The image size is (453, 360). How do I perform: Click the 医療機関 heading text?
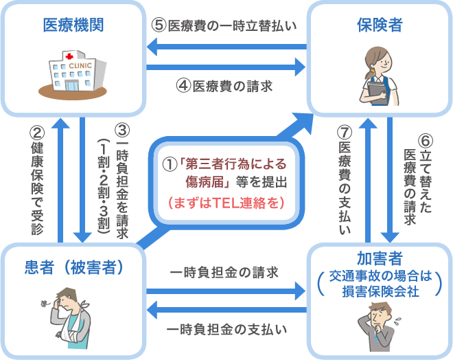(x=73, y=25)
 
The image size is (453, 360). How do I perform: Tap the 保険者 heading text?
(x=380, y=25)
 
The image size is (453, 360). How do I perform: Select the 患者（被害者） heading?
(x=73, y=267)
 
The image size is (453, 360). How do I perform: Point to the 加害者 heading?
(x=380, y=258)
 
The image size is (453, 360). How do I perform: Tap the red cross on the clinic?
(x=69, y=56)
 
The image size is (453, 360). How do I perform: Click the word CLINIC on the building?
(x=80, y=66)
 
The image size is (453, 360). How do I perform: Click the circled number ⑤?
(x=159, y=25)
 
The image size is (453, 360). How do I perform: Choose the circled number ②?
(x=37, y=133)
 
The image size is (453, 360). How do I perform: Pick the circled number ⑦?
(x=345, y=133)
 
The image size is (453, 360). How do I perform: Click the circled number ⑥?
(x=426, y=141)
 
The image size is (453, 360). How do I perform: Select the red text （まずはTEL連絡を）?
(x=226, y=203)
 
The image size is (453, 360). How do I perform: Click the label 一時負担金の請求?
(x=224, y=272)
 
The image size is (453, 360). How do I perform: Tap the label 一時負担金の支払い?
(x=226, y=329)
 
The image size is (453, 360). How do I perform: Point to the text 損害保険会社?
(x=380, y=291)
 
